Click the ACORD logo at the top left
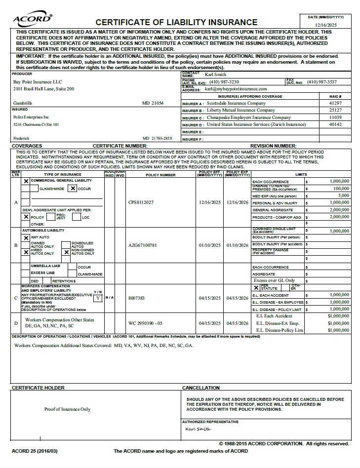(x=33, y=19)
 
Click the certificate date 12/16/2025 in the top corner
(x=325, y=24)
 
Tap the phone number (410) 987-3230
(x=224, y=81)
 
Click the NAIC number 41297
(x=335, y=103)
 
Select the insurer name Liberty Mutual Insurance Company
(x=240, y=110)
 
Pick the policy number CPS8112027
(x=141, y=202)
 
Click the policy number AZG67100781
(x=142, y=245)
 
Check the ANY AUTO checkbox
(x=26, y=237)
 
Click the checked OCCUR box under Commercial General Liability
(x=73, y=188)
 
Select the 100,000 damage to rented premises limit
(x=341, y=188)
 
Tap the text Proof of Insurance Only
(x=67, y=409)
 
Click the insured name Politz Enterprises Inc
(x=31, y=117)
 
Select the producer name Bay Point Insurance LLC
(x=38, y=81)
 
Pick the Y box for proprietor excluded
(x=98, y=298)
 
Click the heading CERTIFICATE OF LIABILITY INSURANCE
(x=176, y=22)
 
